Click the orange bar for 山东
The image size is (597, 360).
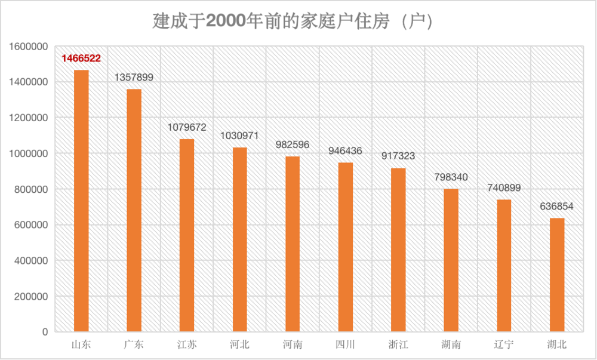(x=81, y=201)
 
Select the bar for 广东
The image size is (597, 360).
(x=134, y=210)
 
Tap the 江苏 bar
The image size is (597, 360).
(x=187, y=235)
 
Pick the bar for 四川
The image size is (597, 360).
(x=346, y=247)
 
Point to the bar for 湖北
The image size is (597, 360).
(x=557, y=275)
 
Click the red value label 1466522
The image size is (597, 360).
(x=81, y=59)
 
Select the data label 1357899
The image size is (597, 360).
(x=134, y=78)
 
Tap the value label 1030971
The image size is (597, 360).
(x=239, y=136)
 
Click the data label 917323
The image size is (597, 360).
(x=398, y=156)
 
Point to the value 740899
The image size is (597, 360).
(x=504, y=188)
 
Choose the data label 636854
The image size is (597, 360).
(x=557, y=206)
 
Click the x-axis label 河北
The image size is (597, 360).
(x=239, y=344)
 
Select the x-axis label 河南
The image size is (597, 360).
(x=293, y=344)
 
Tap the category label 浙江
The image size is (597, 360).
(x=398, y=344)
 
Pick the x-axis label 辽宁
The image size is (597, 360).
(x=504, y=344)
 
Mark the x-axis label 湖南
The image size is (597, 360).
(x=451, y=344)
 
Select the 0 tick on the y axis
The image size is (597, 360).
(x=45, y=332)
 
